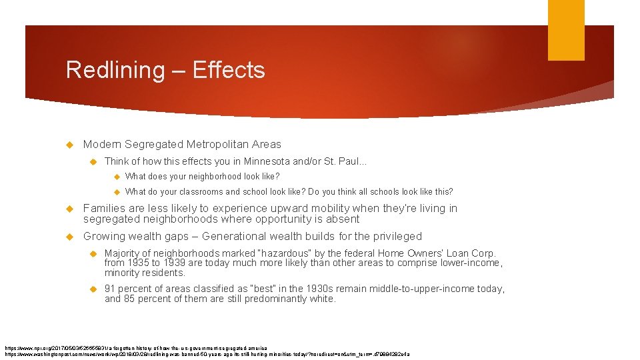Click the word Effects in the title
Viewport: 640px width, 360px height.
point(229,70)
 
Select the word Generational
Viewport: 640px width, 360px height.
point(235,236)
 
